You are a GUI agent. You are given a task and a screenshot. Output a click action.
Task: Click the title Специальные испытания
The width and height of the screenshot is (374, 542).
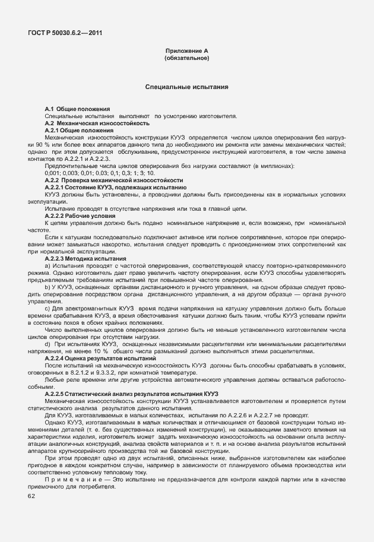187,87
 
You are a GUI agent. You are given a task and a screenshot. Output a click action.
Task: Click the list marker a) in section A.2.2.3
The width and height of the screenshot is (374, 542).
47,265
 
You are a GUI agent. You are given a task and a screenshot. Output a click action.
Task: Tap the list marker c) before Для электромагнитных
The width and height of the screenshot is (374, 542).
47,309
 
